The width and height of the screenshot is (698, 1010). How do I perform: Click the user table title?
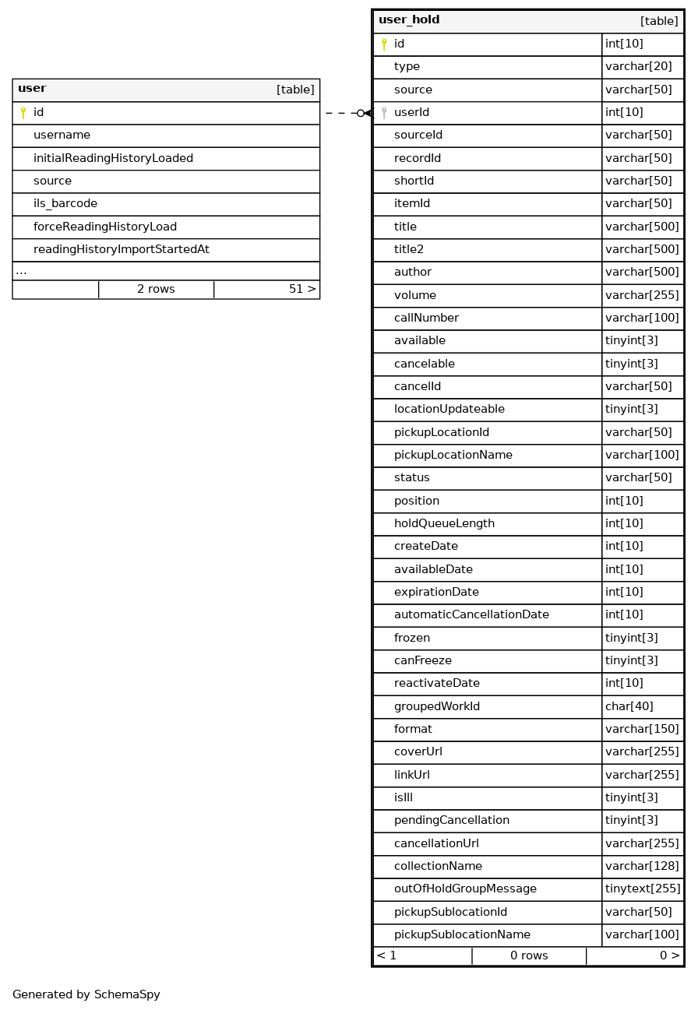tap(32, 89)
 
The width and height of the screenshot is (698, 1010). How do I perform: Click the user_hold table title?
tap(409, 20)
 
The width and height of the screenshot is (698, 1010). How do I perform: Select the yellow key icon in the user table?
tap(23, 113)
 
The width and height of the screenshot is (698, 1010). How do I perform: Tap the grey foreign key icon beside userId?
tap(384, 113)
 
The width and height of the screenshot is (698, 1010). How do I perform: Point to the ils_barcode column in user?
tap(65, 204)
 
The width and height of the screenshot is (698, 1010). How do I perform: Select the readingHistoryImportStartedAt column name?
tap(121, 250)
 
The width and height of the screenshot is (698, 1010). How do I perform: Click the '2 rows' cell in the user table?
tap(156, 290)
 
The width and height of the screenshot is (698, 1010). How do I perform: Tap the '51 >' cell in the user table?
tap(302, 290)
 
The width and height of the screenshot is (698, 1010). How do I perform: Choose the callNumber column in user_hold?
tap(426, 318)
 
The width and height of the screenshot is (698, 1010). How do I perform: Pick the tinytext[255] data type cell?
tap(643, 889)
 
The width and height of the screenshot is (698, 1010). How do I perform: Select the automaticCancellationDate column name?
tap(471, 615)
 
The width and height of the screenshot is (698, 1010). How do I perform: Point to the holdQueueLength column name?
tap(444, 524)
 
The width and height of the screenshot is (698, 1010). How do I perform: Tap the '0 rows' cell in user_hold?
tap(529, 956)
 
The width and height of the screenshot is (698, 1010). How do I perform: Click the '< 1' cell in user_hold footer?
tap(386, 956)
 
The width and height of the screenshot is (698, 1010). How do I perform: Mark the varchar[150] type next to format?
tap(642, 730)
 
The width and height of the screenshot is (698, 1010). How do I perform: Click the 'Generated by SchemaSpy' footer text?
tap(86, 995)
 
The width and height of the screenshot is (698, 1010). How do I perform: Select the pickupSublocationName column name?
tap(462, 935)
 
